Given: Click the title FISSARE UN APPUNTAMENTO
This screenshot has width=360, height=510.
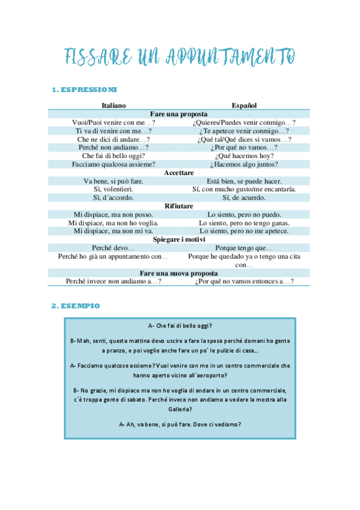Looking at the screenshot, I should coord(180,57).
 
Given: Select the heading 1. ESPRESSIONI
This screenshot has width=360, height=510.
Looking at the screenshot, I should coord(85,90).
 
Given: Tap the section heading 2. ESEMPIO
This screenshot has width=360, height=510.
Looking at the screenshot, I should coord(76,306).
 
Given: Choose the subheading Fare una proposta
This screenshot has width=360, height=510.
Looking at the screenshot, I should coord(179,114).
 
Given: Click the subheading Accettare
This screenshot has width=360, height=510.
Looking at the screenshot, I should coord(179,173).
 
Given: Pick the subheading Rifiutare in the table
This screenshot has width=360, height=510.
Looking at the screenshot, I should coord(179,206).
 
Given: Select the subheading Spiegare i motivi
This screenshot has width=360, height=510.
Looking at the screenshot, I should coord(179,239).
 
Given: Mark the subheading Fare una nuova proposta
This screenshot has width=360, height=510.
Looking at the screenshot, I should coord(179,272).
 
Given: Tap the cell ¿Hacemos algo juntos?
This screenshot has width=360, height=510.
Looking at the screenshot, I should coord(243,164).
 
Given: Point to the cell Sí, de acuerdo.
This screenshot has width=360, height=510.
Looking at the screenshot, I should coord(243,197).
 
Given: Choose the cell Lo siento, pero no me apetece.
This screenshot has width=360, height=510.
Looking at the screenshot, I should coord(243,231).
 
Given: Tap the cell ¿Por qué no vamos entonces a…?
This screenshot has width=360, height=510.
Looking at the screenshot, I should coord(243,281).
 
